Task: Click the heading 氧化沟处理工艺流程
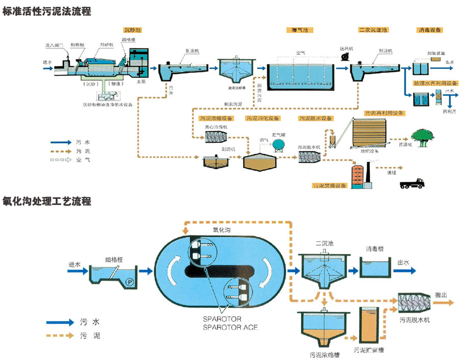(x=46, y=201)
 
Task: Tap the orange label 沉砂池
(x=132, y=30)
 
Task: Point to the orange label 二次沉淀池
(x=373, y=30)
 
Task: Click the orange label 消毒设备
(x=429, y=30)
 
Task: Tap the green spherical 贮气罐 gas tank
(x=278, y=145)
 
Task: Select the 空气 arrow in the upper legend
(x=62, y=160)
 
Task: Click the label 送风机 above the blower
(x=347, y=48)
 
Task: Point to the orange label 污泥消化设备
(x=262, y=118)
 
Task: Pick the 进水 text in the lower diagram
(x=74, y=265)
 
